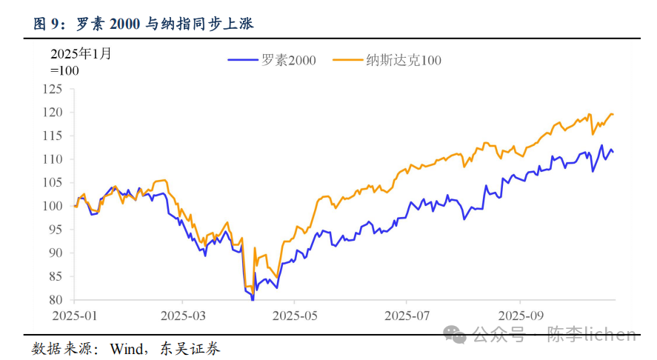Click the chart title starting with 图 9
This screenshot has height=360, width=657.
[144, 24]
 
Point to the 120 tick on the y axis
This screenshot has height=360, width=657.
[53, 113]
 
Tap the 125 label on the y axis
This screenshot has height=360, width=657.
[53, 89]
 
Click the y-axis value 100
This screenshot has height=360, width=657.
[53, 206]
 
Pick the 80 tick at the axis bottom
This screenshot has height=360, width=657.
[56, 300]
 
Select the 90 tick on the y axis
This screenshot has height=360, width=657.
[56, 253]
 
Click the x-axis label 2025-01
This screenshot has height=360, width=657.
[75, 314]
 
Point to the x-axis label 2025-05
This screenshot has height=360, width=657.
[294, 314]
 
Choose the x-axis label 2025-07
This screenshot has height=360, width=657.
[407, 314]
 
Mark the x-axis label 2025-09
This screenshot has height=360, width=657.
[520, 314]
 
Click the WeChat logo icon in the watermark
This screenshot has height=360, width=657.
[456, 335]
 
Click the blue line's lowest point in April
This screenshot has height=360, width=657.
[253, 299]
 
